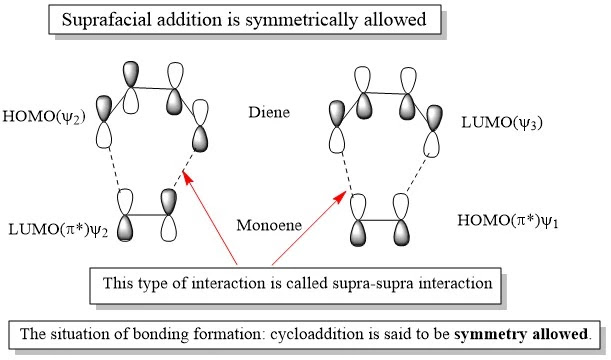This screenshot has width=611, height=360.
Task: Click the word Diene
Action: (269, 112)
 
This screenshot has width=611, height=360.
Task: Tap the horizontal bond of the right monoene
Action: (381, 221)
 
